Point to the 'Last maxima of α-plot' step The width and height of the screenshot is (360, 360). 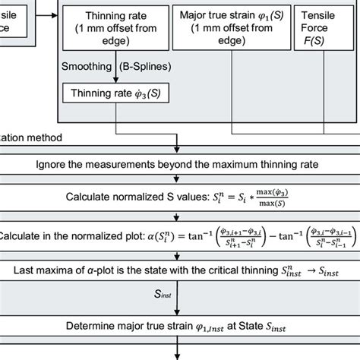[x=180, y=270]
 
